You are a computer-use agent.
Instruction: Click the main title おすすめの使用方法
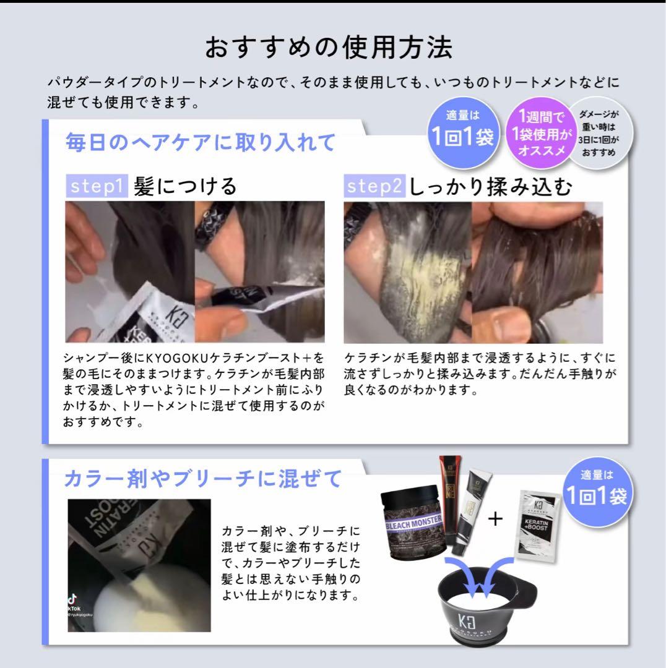(x=329, y=48)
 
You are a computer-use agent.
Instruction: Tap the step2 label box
(x=375, y=186)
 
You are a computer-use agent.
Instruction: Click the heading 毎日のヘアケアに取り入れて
(x=200, y=142)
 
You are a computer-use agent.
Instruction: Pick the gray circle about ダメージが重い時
(x=599, y=133)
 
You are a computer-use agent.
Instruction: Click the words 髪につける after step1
(x=185, y=186)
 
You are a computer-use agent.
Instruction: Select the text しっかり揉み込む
(x=490, y=186)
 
